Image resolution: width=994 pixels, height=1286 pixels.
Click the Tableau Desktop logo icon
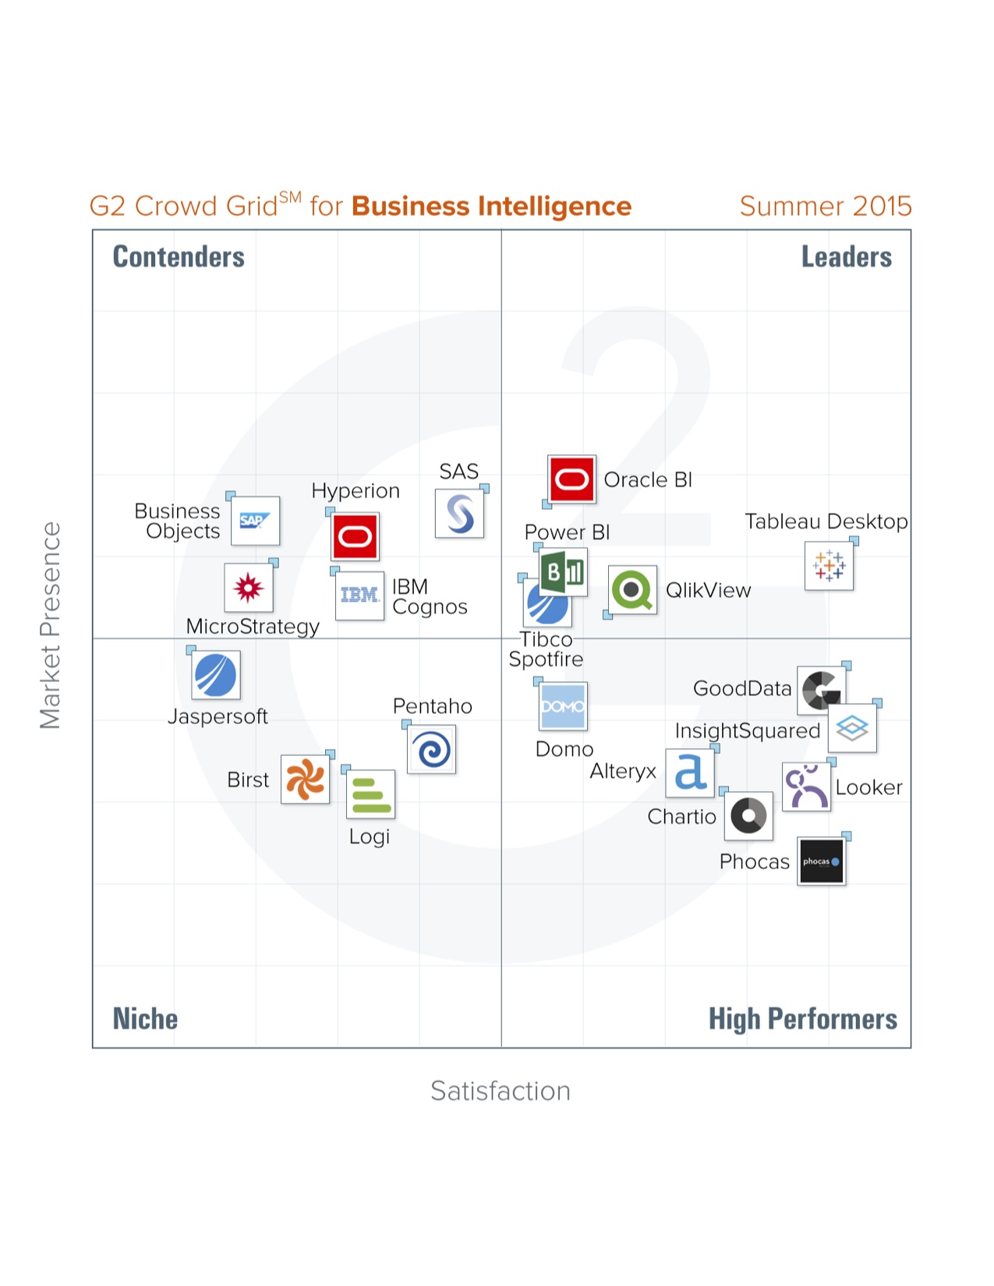tap(829, 566)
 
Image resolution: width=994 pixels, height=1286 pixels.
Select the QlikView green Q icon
tap(632, 590)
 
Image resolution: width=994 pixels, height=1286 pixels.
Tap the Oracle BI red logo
tap(571, 479)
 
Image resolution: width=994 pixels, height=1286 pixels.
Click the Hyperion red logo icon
tap(356, 536)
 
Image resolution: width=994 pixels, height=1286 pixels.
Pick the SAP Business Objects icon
tap(255, 521)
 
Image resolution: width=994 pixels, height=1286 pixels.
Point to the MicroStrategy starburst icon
tap(248, 588)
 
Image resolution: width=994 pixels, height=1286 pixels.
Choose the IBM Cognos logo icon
tap(359, 595)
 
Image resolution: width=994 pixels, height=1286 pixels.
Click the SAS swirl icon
tap(459, 514)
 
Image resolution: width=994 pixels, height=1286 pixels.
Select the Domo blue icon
tap(563, 706)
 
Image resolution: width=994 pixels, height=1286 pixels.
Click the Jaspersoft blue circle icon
tap(216, 675)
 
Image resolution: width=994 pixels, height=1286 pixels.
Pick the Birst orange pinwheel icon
tap(305, 779)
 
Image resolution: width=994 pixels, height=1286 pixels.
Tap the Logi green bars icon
tap(370, 794)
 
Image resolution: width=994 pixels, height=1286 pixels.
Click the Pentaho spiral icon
tap(432, 750)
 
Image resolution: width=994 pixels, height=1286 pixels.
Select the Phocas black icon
tap(821, 861)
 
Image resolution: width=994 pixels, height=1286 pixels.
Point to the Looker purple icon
tap(806, 787)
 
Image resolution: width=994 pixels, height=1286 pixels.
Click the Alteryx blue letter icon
tap(690, 772)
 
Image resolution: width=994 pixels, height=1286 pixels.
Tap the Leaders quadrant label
tap(846, 256)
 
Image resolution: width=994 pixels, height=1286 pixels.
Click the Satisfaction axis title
tap(501, 1090)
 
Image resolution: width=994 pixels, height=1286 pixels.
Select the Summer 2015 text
tap(825, 206)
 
